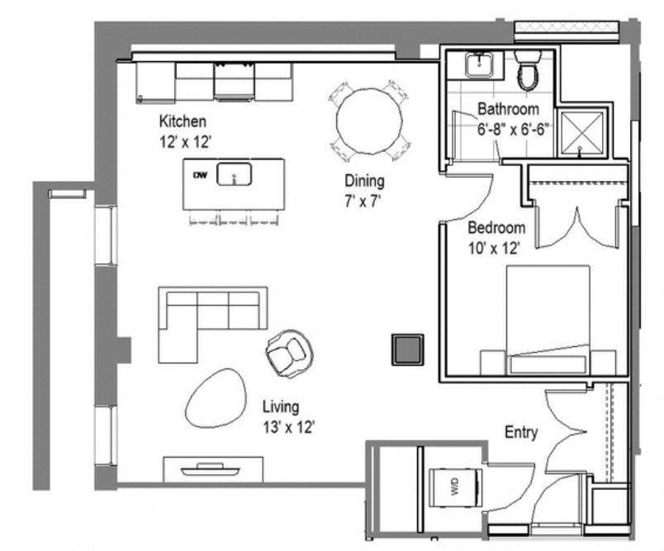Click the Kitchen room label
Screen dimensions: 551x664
coord(183,122)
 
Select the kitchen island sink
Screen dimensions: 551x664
coord(235,175)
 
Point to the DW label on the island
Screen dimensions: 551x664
coord(199,175)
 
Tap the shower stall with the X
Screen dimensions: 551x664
coord(581,132)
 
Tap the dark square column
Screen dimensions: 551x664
coord(406,349)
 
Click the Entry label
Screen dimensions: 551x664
coord(521,432)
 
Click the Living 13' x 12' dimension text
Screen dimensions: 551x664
coord(289,427)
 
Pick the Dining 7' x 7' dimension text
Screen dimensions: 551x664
coord(363,199)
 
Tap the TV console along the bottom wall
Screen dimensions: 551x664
coord(214,469)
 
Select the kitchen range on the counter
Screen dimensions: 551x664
coord(234,81)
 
